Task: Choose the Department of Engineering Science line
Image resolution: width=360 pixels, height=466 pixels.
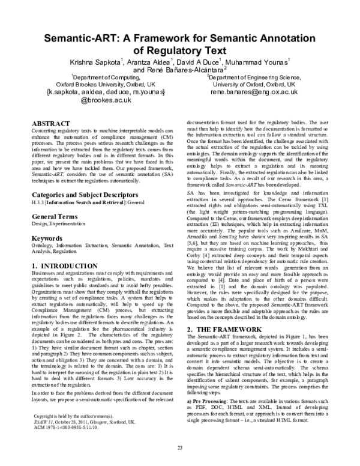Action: (x=254, y=77)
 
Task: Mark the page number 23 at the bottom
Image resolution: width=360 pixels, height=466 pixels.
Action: (x=179, y=448)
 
